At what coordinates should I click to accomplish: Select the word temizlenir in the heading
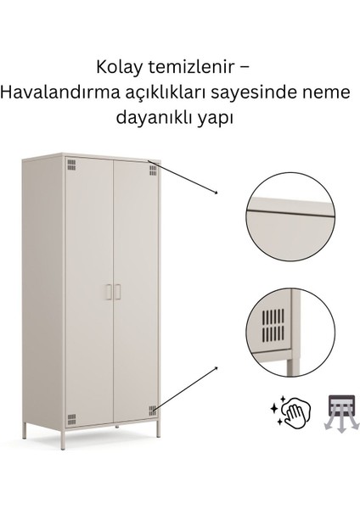[187, 66]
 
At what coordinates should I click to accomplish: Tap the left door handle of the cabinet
[108, 293]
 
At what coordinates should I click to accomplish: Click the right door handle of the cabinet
[119, 293]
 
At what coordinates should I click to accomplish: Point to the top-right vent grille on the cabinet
[153, 171]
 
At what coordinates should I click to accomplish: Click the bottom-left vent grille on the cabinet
[71, 417]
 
